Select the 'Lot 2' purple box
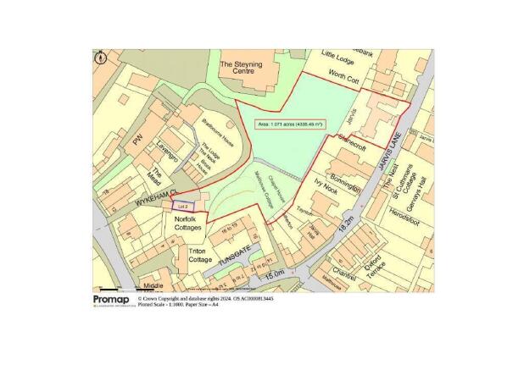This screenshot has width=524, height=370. coord(182,206)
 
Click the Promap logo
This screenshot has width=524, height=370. coord(111,300)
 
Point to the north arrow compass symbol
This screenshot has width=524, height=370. coord(100,58)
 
